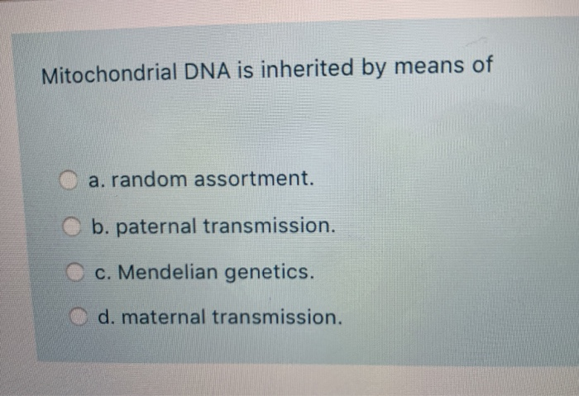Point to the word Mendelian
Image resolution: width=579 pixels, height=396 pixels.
[175, 270]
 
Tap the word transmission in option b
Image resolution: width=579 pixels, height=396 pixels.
[280, 225]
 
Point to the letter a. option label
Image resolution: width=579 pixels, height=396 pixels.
[94, 179]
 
